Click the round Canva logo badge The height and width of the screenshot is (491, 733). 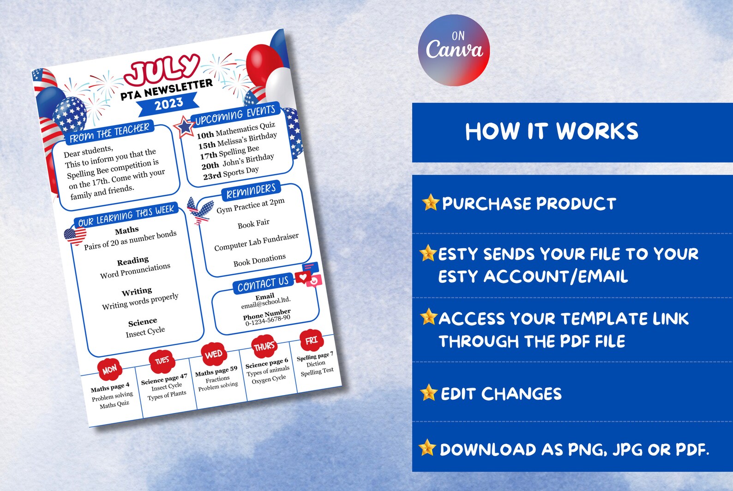pyautogui.click(x=454, y=50)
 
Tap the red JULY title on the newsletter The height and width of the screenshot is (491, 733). pyautogui.click(x=162, y=70)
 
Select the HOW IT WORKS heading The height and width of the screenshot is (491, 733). pyautogui.click(x=552, y=132)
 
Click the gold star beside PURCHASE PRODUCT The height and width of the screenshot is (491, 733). pyautogui.click(x=430, y=203)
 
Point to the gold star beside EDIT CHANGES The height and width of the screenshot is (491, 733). pyautogui.click(x=429, y=393)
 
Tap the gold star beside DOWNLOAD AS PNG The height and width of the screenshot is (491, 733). pyautogui.click(x=427, y=448)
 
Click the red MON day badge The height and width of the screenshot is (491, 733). pyautogui.click(x=109, y=370)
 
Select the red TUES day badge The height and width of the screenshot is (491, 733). pyautogui.click(x=162, y=361)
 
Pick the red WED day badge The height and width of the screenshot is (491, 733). pyautogui.click(x=213, y=354)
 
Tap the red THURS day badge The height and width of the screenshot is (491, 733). pyautogui.click(x=264, y=347)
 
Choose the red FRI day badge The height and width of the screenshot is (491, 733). pyautogui.click(x=312, y=341)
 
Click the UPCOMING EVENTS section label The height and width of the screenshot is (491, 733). pyautogui.click(x=235, y=115)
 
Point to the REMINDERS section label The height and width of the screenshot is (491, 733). pyautogui.click(x=251, y=192)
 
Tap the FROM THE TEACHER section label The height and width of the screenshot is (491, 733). pyautogui.click(x=109, y=133)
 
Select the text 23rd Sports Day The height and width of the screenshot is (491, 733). pyautogui.click(x=231, y=173)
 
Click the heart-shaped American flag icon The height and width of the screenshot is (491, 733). pyautogui.click(x=75, y=236)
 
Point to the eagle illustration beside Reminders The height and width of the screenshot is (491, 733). pyautogui.click(x=200, y=210)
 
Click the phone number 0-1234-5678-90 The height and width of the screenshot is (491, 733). pyautogui.click(x=268, y=321)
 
